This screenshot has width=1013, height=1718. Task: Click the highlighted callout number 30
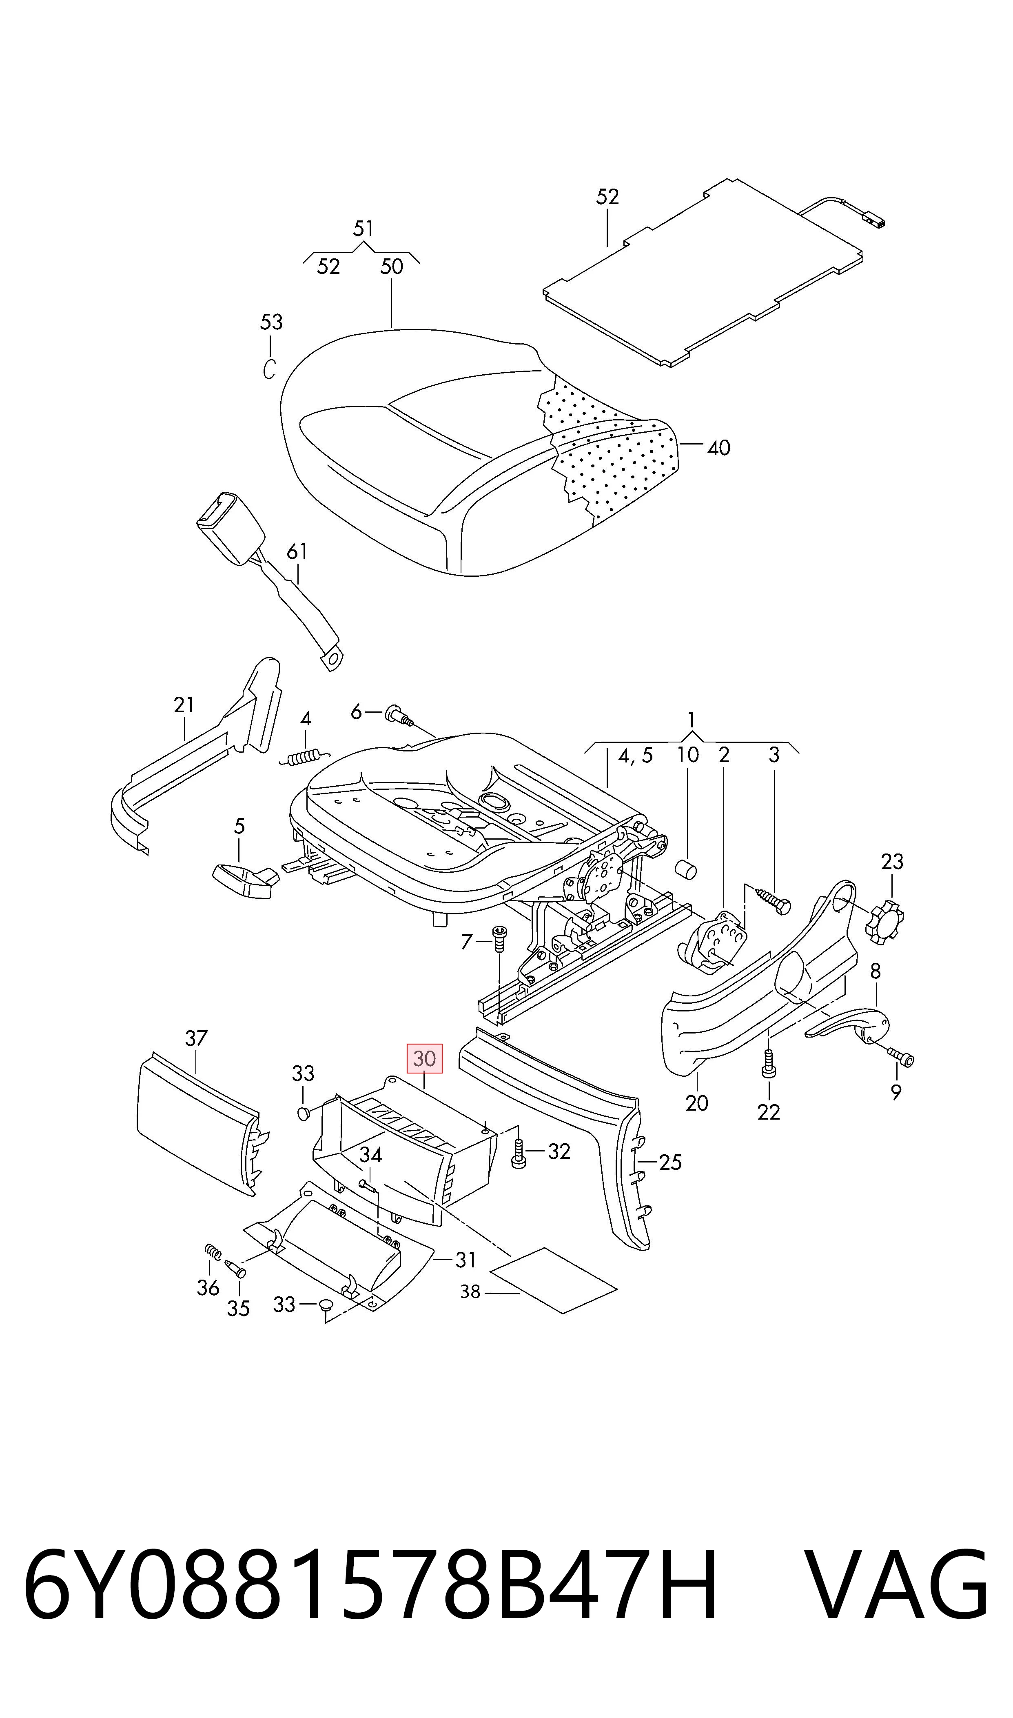click(424, 1058)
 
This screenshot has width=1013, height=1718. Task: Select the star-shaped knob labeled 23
click(883, 922)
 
